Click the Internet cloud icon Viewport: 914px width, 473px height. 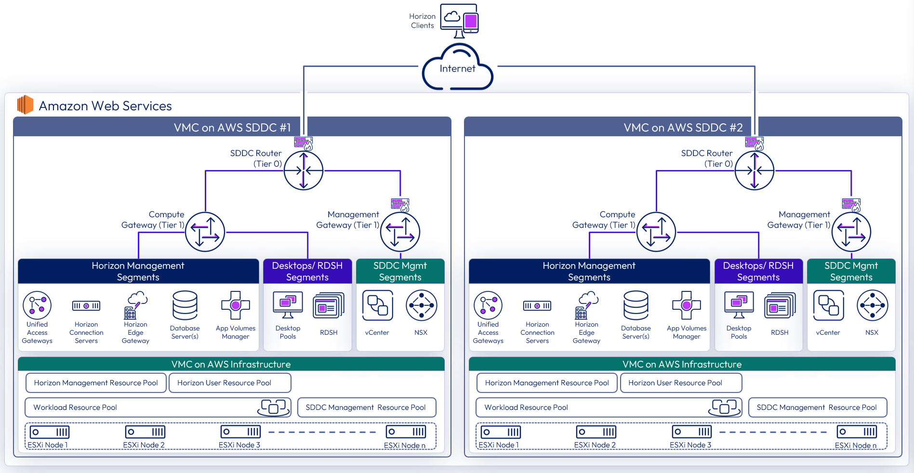click(x=457, y=68)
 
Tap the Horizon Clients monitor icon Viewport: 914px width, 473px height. click(x=459, y=20)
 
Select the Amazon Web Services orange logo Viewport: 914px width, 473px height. click(x=25, y=105)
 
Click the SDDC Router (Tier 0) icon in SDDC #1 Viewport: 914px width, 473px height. click(x=304, y=171)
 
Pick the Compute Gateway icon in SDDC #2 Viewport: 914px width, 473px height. click(x=656, y=232)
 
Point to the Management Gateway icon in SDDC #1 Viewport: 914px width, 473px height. click(x=400, y=232)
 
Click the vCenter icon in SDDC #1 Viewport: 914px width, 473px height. click(x=377, y=305)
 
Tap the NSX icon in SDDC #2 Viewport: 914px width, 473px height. click(x=872, y=305)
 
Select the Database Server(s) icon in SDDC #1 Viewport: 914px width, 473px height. click(x=185, y=305)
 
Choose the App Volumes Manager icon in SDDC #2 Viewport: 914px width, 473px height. click(x=687, y=305)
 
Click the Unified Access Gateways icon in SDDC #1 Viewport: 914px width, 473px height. click(x=37, y=305)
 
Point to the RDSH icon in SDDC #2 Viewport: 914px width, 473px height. click(x=780, y=305)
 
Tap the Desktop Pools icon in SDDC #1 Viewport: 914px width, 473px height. click(x=288, y=305)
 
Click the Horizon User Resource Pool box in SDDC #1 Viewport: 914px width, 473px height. click(x=230, y=383)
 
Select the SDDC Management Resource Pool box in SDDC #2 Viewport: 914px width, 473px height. click(x=817, y=407)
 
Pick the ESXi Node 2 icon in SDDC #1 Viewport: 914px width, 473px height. click(x=145, y=432)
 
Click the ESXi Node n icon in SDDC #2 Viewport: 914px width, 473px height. click(x=857, y=432)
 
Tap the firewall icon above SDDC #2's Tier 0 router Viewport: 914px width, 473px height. click(x=754, y=143)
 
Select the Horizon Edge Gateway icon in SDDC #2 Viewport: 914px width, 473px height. click(x=586, y=305)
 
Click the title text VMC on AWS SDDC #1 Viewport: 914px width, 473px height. click(x=232, y=128)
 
